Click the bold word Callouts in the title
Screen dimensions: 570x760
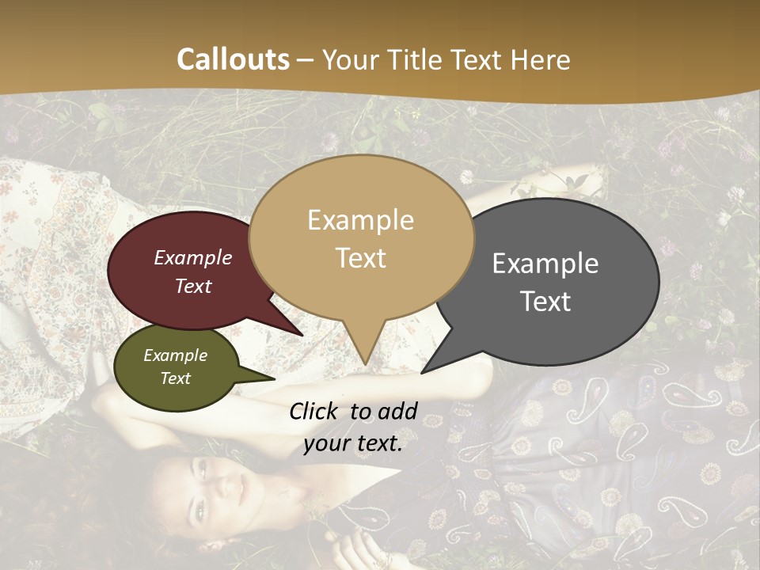(234, 59)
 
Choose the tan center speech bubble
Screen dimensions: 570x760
(361, 237)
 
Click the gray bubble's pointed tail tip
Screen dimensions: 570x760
(422, 373)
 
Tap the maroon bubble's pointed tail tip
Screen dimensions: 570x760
(302, 336)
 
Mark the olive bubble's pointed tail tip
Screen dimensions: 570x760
(275, 379)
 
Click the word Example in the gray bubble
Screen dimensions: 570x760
(545, 264)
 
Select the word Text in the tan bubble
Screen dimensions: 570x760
(361, 258)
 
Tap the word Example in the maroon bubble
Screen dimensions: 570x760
(193, 257)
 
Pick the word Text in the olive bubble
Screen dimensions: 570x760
(176, 378)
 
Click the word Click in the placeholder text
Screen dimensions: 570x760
(313, 411)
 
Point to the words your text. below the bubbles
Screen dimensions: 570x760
(353, 443)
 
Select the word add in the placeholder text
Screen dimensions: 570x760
(397, 411)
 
